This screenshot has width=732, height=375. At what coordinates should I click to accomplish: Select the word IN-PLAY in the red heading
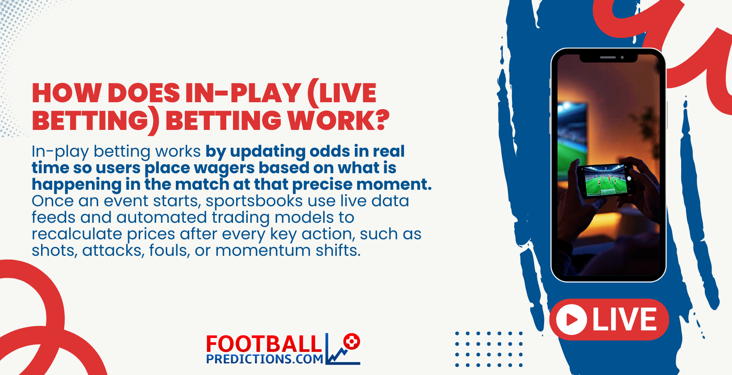(x=243, y=93)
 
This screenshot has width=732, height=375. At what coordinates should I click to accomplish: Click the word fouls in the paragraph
(x=169, y=250)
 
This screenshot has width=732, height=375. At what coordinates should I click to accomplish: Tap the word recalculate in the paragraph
(x=76, y=234)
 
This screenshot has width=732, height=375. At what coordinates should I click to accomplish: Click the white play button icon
(x=571, y=320)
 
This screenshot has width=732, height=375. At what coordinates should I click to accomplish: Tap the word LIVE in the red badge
(x=624, y=320)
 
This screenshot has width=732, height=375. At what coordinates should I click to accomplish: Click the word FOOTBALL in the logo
(x=264, y=344)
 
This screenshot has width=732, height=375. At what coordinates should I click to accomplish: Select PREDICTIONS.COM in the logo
(x=265, y=359)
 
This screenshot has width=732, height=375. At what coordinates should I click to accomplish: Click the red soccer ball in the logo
(x=352, y=342)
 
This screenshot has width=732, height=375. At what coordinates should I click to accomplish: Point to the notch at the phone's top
(x=608, y=58)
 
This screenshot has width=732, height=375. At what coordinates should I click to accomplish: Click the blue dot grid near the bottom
(x=489, y=349)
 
